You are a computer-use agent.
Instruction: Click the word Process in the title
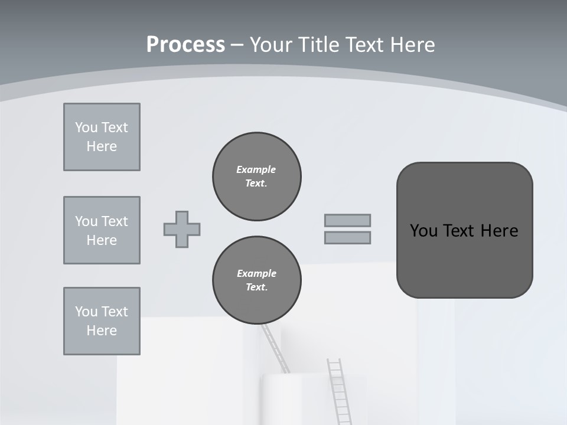pyautogui.click(x=185, y=45)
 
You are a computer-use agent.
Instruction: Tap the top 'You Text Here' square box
pyautogui.click(x=102, y=137)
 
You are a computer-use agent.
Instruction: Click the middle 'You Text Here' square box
pyautogui.click(x=102, y=230)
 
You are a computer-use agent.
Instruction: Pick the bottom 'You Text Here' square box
pyautogui.click(x=102, y=321)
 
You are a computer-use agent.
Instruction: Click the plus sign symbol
pyautogui.click(x=182, y=229)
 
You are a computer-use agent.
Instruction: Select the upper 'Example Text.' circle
pyautogui.click(x=257, y=176)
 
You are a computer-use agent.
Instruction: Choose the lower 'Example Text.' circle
pyautogui.click(x=257, y=280)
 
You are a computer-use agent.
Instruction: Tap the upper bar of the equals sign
pyautogui.click(x=347, y=220)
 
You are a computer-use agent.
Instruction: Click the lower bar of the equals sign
pyautogui.click(x=347, y=238)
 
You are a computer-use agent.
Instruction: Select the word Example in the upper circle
pyautogui.click(x=256, y=169)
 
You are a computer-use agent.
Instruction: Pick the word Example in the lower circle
pyautogui.click(x=256, y=273)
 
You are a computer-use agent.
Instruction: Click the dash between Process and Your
pyautogui.click(x=237, y=45)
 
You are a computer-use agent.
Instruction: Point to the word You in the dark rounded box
pyautogui.click(x=424, y=231)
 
